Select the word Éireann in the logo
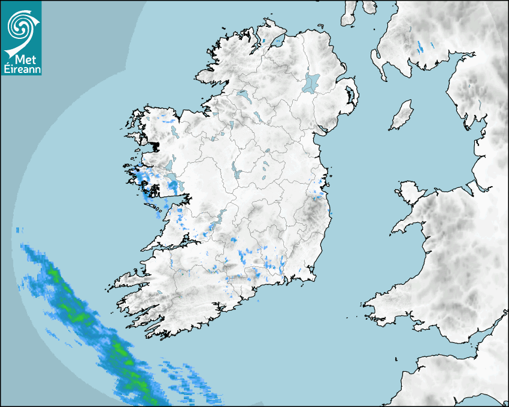[21, 68]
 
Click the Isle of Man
[402, 116]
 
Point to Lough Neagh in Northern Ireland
[311, 82]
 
